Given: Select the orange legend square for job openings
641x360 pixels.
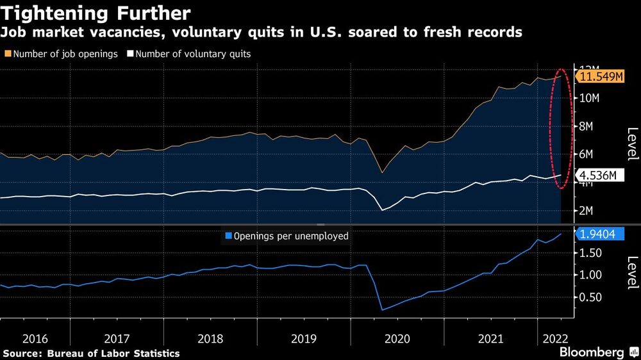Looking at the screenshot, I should click(8, 54).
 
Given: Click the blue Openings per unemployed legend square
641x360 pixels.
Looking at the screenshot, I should click(228, 236).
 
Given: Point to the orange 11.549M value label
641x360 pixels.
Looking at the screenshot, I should click(601, 77).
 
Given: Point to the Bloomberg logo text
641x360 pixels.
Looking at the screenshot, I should click(592, 352).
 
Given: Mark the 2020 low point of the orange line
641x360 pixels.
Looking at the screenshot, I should click(382, 172).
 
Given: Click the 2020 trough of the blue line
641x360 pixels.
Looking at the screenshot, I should click(382, 310).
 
